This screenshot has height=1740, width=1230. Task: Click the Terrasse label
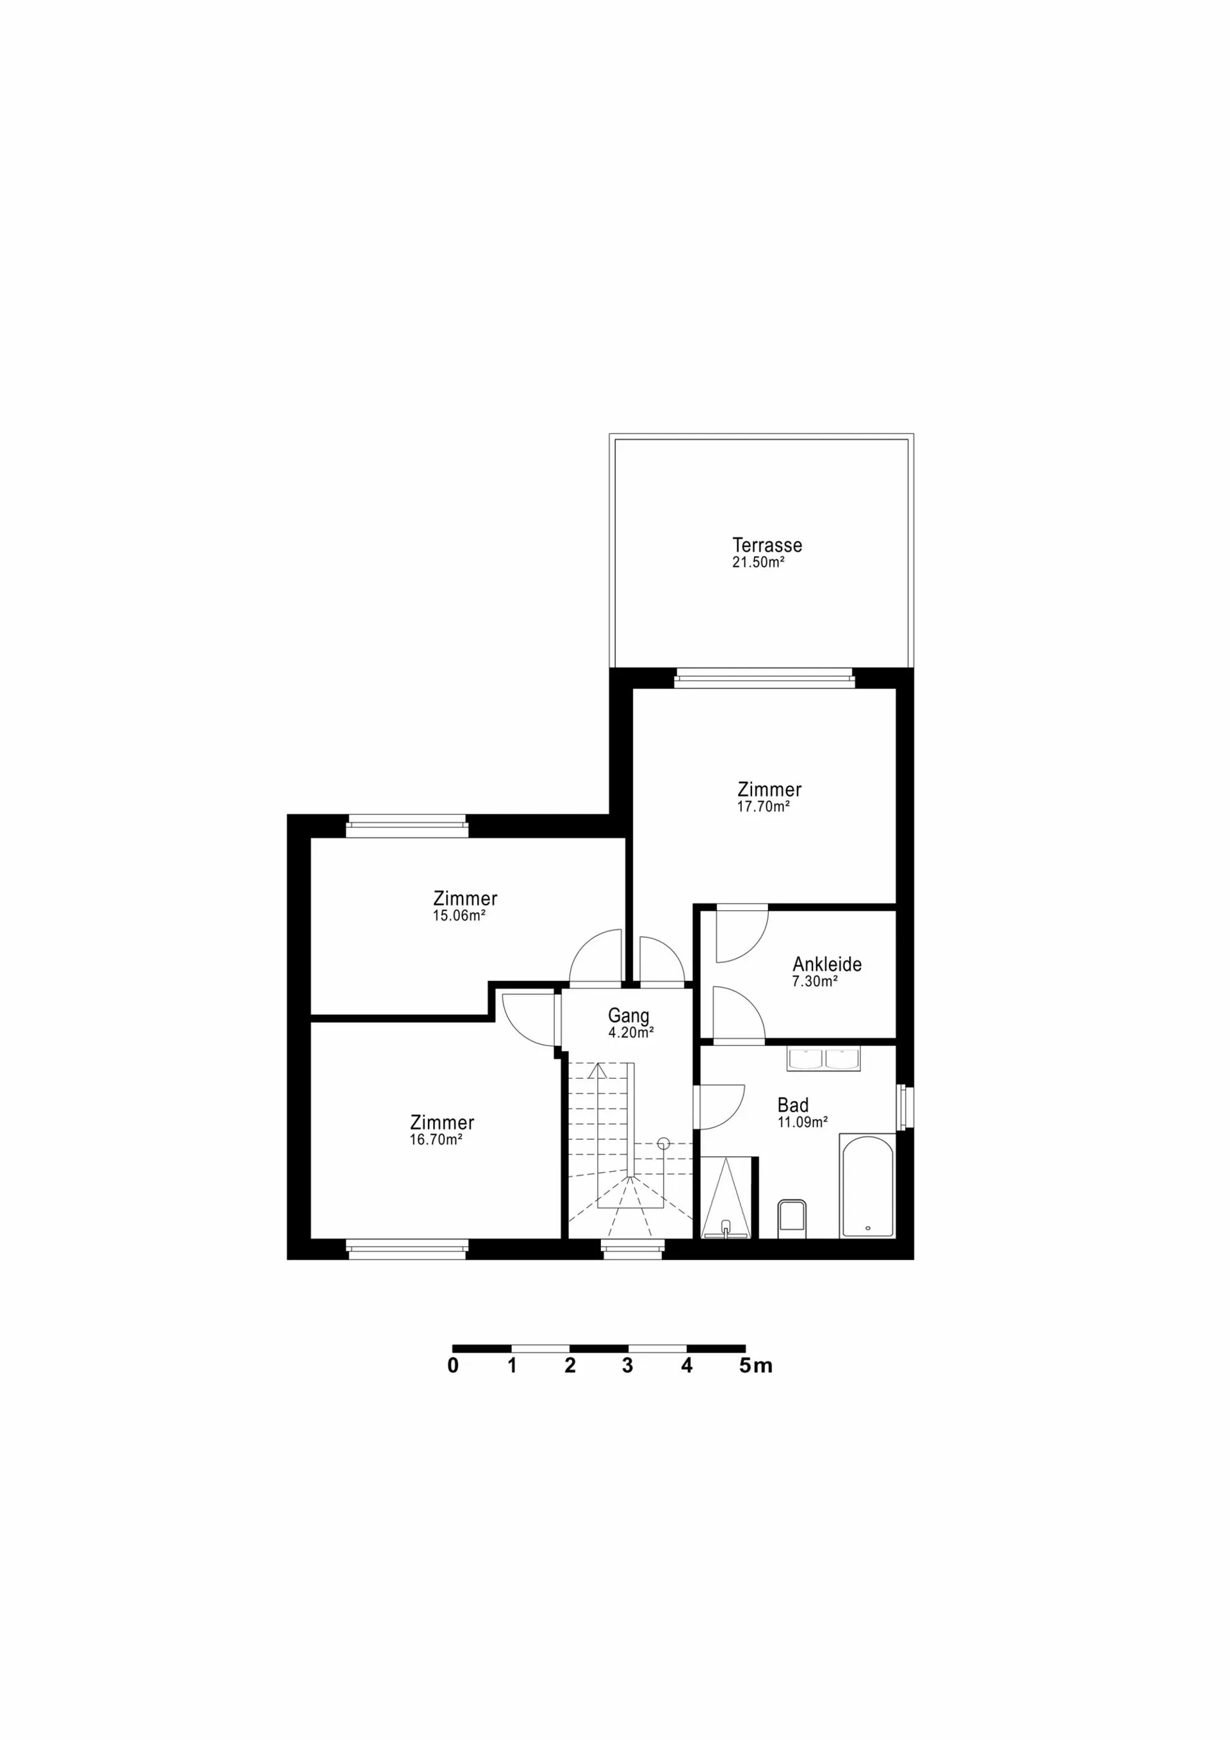tap(767, 545)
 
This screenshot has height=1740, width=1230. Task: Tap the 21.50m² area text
tap(758, 562)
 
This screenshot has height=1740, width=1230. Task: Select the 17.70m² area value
tap(763, 807)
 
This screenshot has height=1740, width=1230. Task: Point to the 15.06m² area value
tap(459, 915)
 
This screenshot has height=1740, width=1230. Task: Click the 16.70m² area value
tap(436, 1140)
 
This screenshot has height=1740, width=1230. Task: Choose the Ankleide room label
tap(827, 964)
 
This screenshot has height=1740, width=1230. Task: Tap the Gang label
tap(628, 1016)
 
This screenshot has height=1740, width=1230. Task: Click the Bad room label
tap(792, 1105)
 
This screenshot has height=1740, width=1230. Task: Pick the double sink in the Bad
tap(824, 1059)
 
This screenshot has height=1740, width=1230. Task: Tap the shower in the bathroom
tap(726, 1198)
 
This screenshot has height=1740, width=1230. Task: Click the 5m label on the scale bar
tap(755, 1366)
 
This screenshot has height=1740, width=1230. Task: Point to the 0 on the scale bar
tap(453, 1366)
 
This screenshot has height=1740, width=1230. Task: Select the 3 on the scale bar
tap(628, 1366)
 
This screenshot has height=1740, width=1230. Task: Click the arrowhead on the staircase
tap(597, 1069)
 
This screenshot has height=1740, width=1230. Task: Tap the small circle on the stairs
tap(664, 1144)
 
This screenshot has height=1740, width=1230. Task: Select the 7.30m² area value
tap(815, 981)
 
